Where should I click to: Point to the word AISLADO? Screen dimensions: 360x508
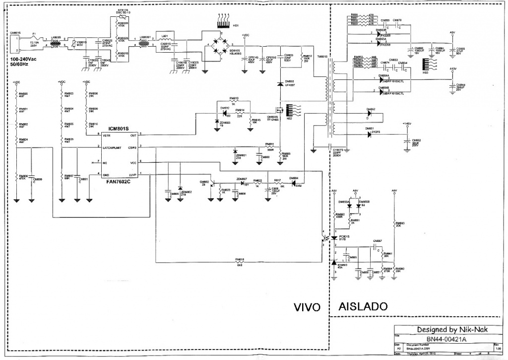pyautogui.click(x=364, y=306)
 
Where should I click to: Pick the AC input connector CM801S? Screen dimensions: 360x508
pyautogui.click(x=15, y=44)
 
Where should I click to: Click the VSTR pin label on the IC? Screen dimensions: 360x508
pyautogui.click(x=107, y=135)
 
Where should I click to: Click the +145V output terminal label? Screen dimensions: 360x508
pyautogui.click(x=407, y=123)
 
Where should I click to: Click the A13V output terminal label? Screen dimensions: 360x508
pyautogui.click(x=452, y=69)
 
